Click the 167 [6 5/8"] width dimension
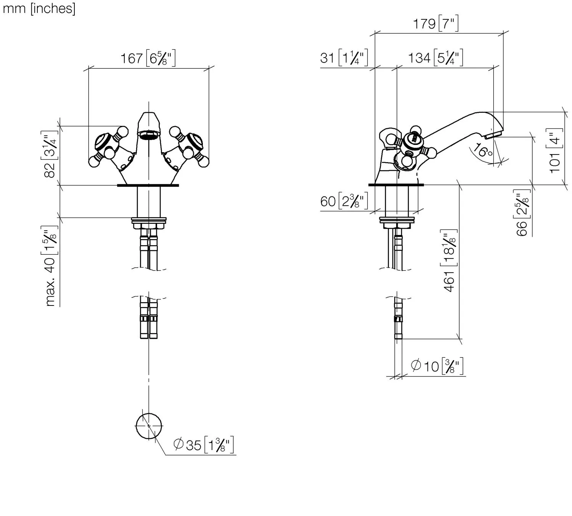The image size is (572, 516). (148, 59)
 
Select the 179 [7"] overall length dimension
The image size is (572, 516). (435, 24)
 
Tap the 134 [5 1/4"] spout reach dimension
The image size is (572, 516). (435, 58)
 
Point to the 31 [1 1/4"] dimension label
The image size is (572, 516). (344, 58)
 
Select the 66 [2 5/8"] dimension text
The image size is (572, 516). (523, 213)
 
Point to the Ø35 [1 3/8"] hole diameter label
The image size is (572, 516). (203, 445)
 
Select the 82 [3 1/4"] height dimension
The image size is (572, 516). (50, 154)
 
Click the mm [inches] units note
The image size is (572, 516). (39, 8)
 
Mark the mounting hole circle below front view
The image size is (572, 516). (148, 426)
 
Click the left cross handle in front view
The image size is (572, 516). (108, 147)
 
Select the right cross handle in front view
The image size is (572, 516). (188, 147)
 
